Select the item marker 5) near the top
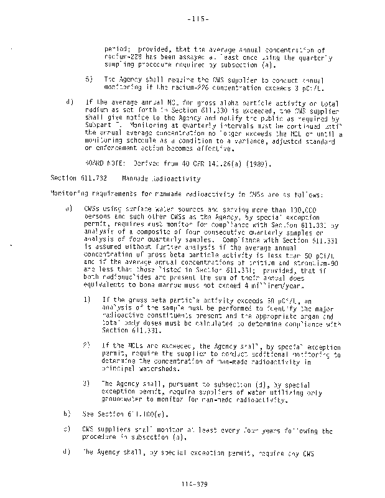point(89,80)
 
